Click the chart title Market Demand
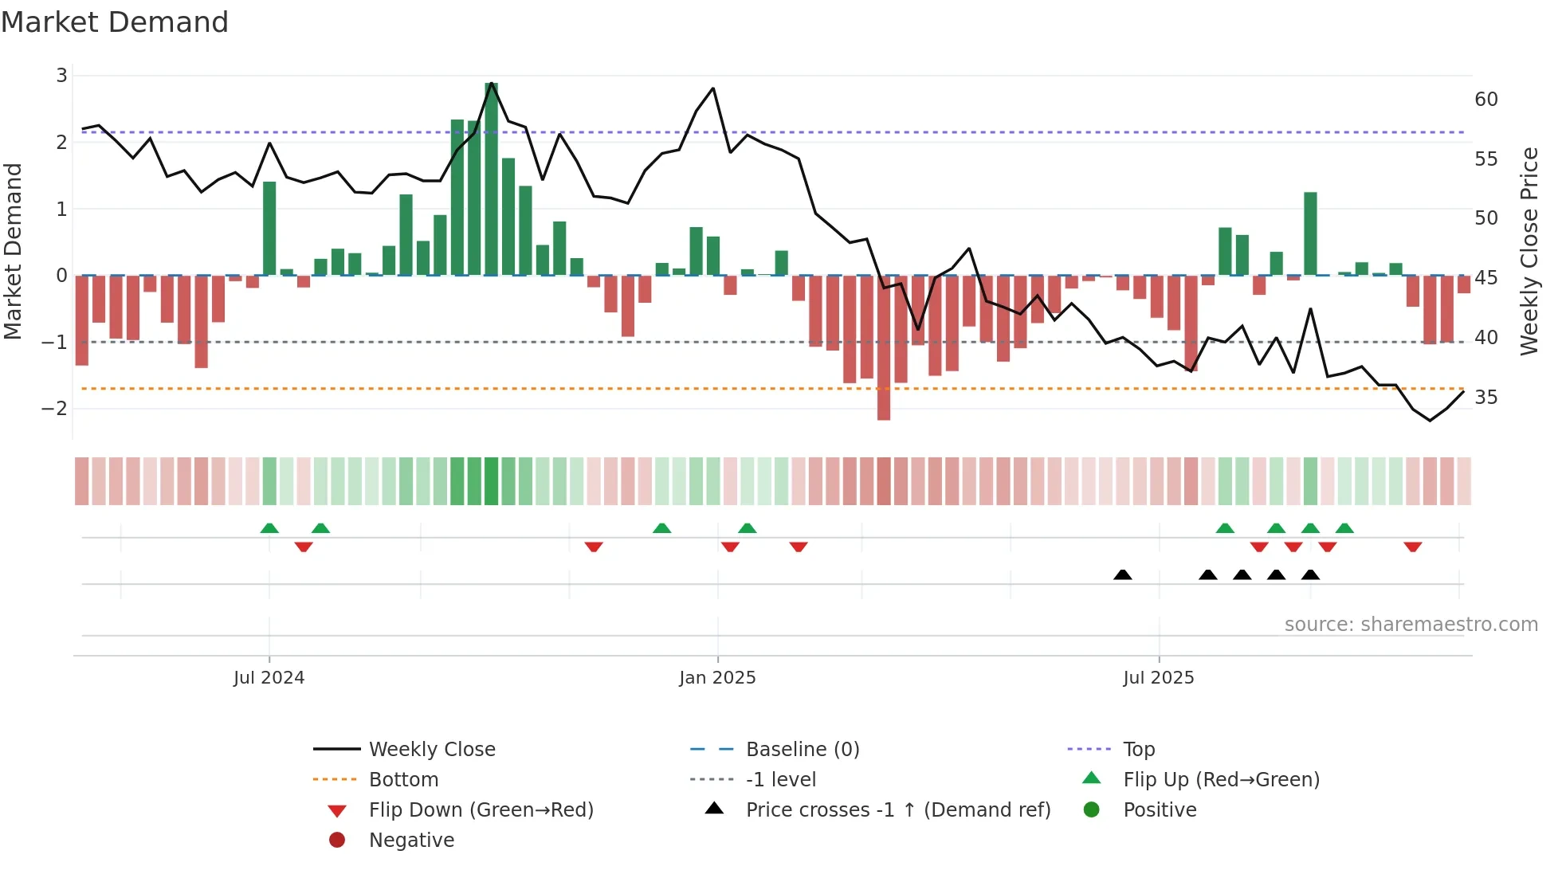[115, 22]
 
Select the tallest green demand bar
[491, 179]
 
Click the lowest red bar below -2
[884, 347]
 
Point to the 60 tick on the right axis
[1485, 100]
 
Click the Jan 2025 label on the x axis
[717, 678]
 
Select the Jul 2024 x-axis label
[269, 678]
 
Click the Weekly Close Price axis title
[1529, 251]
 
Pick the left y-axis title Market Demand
[14, 251]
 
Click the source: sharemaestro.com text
[1411, 625]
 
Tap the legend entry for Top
[1139, 750]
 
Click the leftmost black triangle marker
[1122, 574]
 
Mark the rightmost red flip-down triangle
[1413, 547]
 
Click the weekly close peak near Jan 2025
[712, 88]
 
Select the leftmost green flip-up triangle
[269, 528]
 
